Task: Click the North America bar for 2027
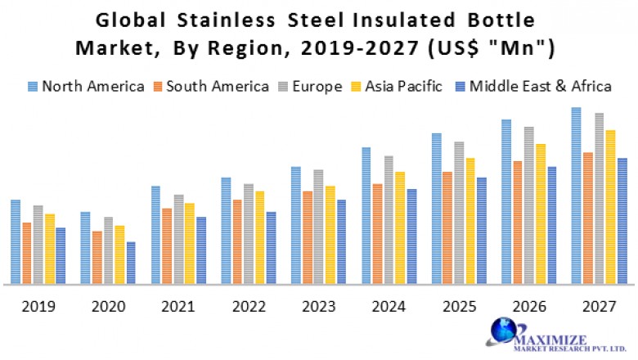point(576,196)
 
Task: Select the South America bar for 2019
point(27,253)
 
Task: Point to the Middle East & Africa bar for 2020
point(131,263)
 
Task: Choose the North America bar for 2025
point(436,209)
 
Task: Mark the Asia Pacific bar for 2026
point(540,214)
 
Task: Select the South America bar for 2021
point(167,245)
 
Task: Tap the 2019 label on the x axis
point(38,307)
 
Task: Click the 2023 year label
point(318,307)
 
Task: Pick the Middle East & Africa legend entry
point(532,86)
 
